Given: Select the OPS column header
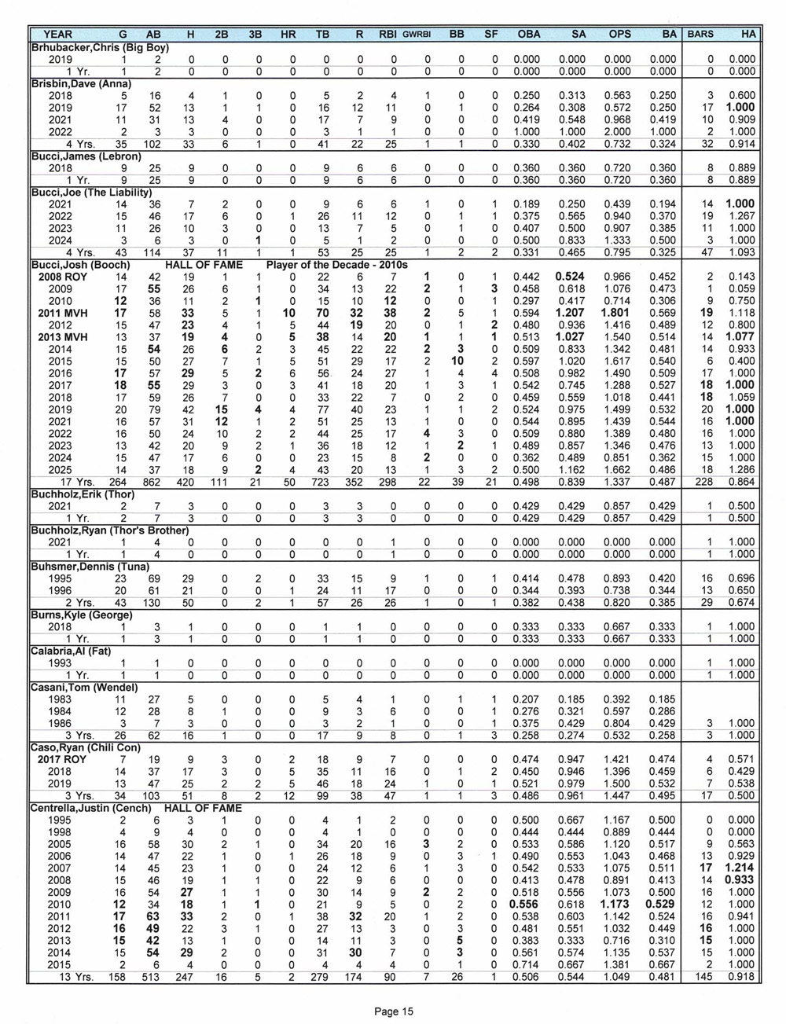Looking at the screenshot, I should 619,35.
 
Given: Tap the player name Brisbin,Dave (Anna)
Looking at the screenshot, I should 81,83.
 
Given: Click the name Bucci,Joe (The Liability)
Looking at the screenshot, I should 91,192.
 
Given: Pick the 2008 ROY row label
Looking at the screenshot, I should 60,277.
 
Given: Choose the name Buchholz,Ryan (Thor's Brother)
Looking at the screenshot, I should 105,530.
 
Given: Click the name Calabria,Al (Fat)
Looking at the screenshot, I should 71,650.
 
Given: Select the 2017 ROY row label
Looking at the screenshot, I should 60,758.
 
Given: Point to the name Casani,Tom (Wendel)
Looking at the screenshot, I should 84,688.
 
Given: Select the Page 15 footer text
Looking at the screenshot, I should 392,1011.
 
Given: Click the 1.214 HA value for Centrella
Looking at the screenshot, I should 740,868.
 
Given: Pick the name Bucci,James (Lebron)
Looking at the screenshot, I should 86,156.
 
